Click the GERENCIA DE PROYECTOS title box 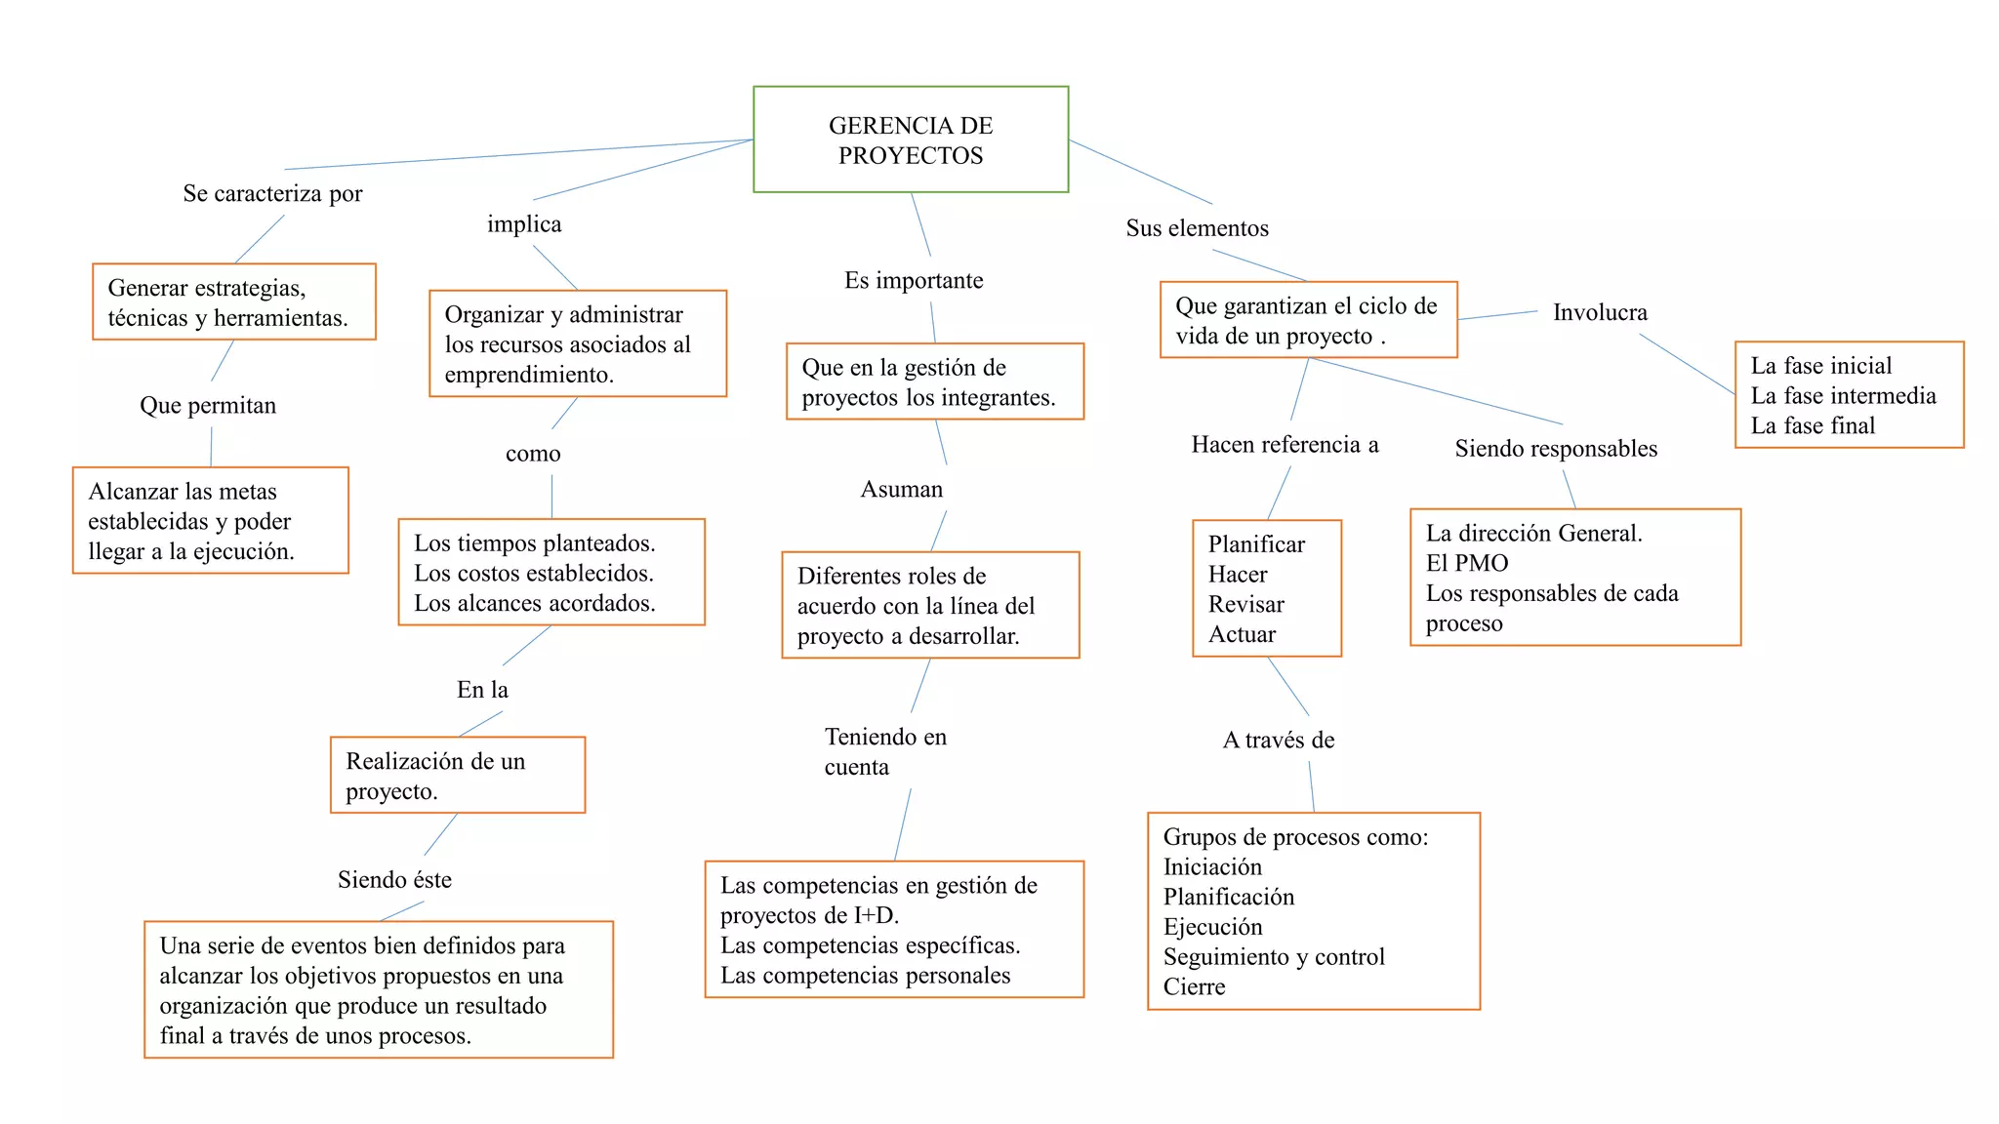pos(911,140)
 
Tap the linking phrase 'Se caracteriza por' pos(272,193)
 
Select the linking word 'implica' pos(524,224)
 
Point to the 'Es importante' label pos(914,281)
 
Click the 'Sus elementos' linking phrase pos(1197,228)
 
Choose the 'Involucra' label pos(1600,313)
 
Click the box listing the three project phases pos(1849,395)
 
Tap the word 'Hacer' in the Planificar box pos(1238,575)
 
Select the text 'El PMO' pos(1467,564)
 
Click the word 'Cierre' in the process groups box pos(1194,987)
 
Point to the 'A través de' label pos(1279,741)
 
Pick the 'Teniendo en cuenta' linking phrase pos(884,751)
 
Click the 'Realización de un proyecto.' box pos(458,776)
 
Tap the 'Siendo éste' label pos(394,880)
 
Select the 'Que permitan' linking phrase pos(208,406)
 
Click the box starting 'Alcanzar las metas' pos(210,521)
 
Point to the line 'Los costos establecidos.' pos(534,574)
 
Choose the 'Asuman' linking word pos(902,490)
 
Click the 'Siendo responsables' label pos(1556,449)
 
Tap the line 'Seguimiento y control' pos(1274,957)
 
